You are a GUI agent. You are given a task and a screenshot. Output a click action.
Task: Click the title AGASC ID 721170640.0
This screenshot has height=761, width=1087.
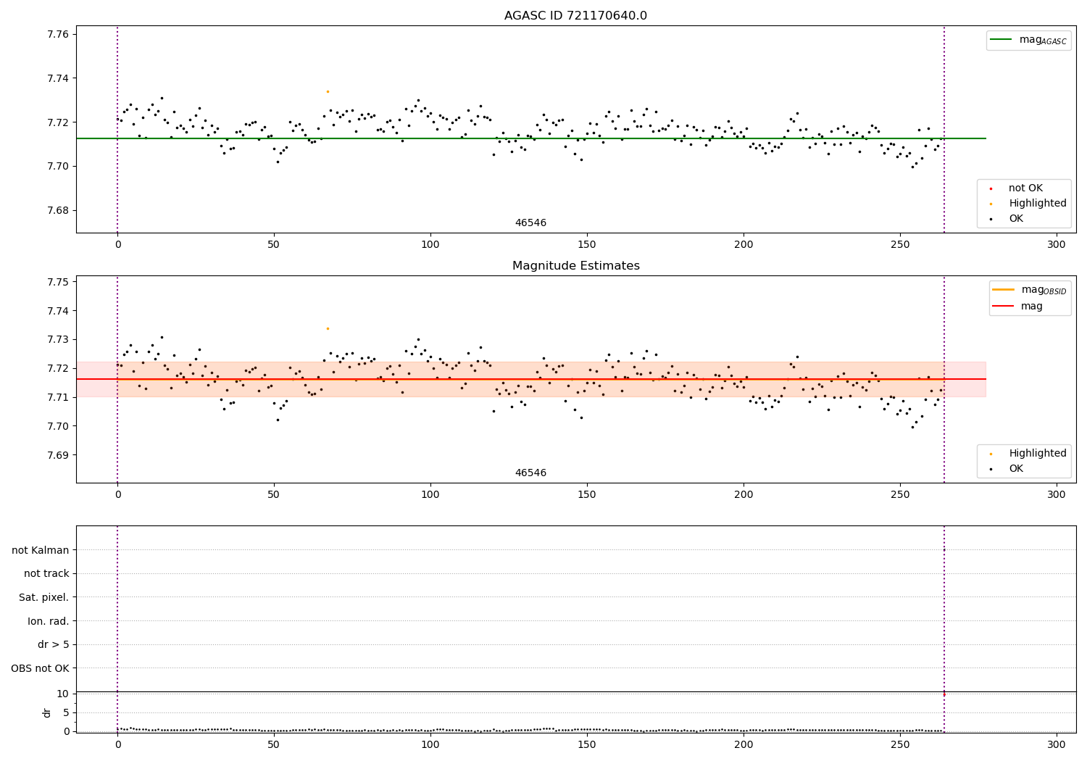click(x=575, y=16)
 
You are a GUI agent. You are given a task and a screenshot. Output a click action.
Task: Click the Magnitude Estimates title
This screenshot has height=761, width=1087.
click(x=575, y=266)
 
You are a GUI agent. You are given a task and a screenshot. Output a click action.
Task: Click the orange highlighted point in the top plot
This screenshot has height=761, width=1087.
click(x=328, y=91)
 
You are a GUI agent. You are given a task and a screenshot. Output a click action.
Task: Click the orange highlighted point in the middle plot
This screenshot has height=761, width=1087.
click(x=328, y=328)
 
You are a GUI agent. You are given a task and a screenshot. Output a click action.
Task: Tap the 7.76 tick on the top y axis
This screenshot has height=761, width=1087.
click(x=58, y=34)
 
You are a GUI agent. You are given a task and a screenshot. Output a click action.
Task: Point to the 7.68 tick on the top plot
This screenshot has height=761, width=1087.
click(x=58, y=211)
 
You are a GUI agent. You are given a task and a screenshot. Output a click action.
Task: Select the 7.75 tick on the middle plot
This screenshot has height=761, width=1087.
click(x=58, y=282)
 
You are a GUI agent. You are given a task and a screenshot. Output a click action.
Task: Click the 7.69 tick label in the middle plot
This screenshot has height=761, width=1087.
click(x=58, y=455)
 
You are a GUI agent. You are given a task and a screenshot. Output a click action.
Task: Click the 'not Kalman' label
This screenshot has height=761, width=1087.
click(x=41, y=550)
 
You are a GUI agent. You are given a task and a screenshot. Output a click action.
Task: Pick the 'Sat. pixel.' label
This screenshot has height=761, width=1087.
click(x=43, y=597)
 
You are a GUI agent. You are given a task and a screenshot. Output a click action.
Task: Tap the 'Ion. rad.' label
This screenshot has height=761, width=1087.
click(x=48, y=621)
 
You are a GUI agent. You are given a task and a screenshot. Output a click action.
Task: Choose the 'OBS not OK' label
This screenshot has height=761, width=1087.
click(x=40, y=668)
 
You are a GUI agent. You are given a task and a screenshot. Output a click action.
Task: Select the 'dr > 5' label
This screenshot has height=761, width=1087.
click(x=53, y=644)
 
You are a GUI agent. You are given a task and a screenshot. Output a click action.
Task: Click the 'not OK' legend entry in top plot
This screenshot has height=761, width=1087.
click(x=1025, y=188)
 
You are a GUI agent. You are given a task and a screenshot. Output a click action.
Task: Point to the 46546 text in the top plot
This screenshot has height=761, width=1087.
click(x=530, y=223)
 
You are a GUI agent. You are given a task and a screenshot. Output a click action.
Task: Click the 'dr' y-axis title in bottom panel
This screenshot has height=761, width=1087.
click(x=46, y=712)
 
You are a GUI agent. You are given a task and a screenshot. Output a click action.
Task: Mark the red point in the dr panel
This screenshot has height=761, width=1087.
click(x=944, y=694)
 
